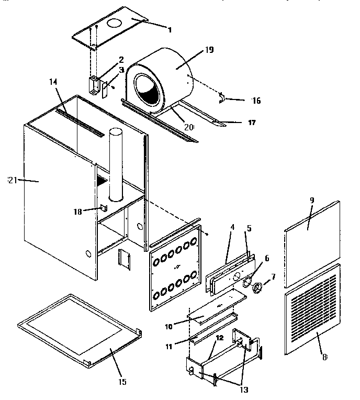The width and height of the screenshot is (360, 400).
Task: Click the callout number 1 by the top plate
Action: pyautogui.click(x=169, y=30)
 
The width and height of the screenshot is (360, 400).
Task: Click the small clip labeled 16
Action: pyautogui.click(x=222, y=97)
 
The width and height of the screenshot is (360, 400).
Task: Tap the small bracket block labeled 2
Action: pyautogui.click(x=95, y=84)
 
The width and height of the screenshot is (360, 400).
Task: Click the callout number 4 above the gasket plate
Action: pyautogui.click(x=232, y=229)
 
